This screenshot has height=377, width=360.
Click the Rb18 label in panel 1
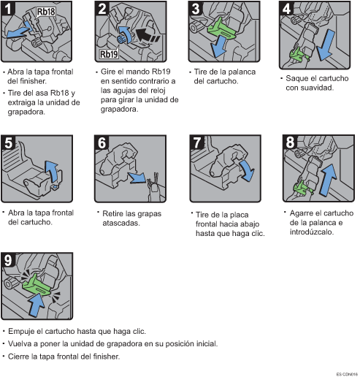46,12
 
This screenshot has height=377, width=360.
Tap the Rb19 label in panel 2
109,54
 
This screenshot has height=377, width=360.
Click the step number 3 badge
195,9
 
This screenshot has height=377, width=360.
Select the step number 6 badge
102,142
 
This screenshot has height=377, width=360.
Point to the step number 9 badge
8,260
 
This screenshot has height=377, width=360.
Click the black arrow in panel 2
147,35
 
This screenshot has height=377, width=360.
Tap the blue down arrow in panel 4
326,45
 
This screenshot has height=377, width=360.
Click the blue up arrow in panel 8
328,180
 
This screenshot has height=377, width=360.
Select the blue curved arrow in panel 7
248,170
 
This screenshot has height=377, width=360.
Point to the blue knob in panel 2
121,39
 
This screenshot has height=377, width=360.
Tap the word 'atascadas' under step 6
121,223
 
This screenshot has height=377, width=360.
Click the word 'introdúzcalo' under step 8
312,232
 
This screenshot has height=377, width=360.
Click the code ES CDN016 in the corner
347,374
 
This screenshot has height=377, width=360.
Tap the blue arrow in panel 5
53,171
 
